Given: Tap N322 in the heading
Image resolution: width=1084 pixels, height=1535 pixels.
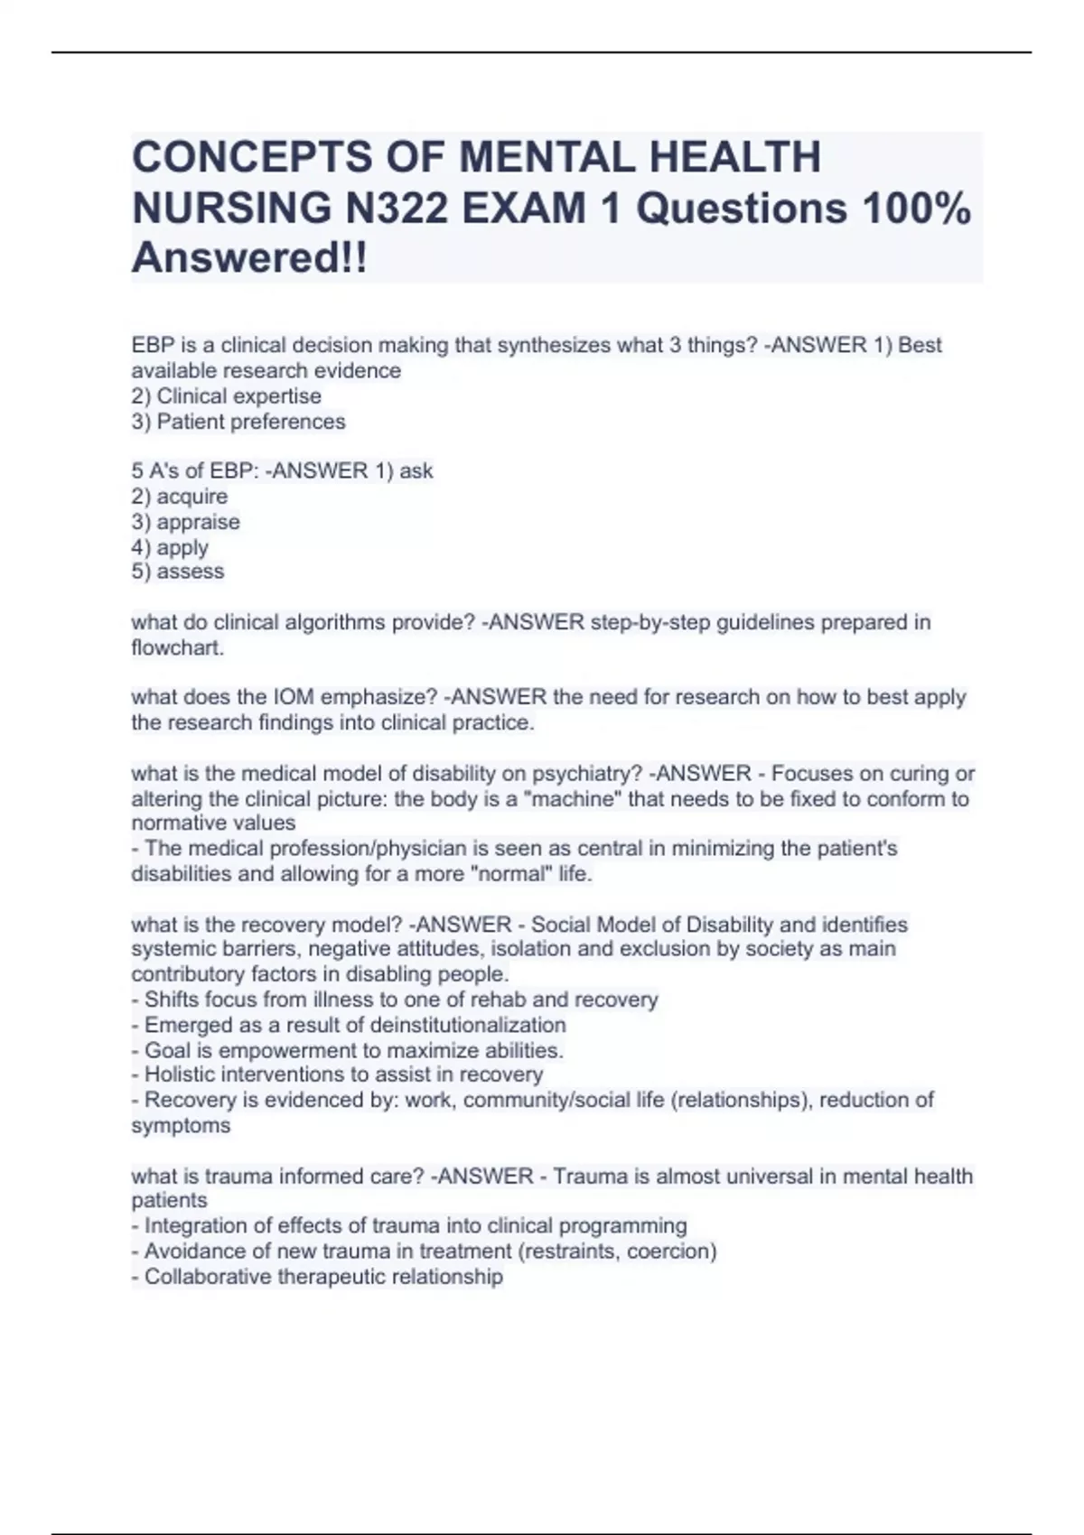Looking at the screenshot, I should (395, 209).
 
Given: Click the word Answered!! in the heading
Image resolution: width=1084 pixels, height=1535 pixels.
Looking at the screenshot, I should (249, 258).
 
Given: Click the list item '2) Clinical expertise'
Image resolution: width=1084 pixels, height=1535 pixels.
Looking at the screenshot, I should (226, 396).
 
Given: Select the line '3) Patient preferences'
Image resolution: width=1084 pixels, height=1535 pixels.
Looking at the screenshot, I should (238, 422).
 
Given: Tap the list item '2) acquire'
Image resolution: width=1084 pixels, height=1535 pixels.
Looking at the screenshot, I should (179, 497).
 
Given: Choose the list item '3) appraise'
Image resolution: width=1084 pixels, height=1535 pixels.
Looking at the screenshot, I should (185, 522).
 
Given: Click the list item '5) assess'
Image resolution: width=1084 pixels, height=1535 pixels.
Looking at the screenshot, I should (178, 572).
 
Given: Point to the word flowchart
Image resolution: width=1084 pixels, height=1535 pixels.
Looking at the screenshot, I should (176, 647).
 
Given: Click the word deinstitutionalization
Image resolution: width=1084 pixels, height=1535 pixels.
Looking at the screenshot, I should (468, 1025).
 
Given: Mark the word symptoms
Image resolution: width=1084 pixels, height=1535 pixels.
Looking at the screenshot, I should (181, 1126).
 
